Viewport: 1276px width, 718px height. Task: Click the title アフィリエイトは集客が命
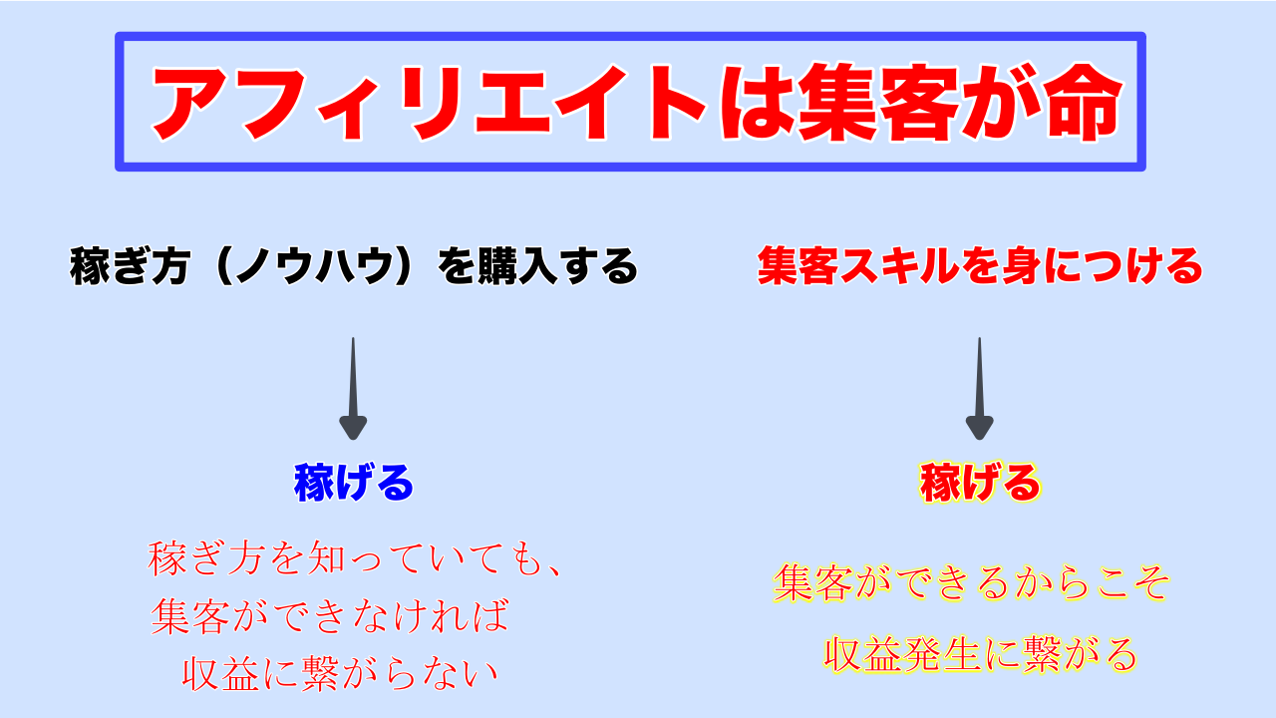[x=637, y=103]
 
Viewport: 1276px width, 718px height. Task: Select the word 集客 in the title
[x=877, y=103]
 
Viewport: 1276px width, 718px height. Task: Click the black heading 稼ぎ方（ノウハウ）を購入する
[x=353, y=265]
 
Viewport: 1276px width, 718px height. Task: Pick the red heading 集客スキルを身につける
[x=980, y=265]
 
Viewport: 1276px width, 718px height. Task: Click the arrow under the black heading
[x=353, y=389]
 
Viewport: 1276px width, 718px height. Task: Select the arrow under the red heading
[x=980, y=389]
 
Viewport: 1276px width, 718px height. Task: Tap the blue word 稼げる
[x=353, y=482]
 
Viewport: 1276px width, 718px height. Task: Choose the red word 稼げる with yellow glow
[x=980, y=482]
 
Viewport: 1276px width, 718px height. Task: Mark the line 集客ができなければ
[x=329, y=616]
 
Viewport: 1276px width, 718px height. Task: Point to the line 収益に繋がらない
[x=340, y=673]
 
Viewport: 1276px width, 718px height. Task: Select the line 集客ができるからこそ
[x=971, y=582]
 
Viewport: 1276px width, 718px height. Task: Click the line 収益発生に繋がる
[x=980, y=654]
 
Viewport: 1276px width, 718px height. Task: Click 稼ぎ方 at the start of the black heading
[x=130, y=265]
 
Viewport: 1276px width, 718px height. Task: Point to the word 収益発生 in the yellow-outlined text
[x=902, y=654]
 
